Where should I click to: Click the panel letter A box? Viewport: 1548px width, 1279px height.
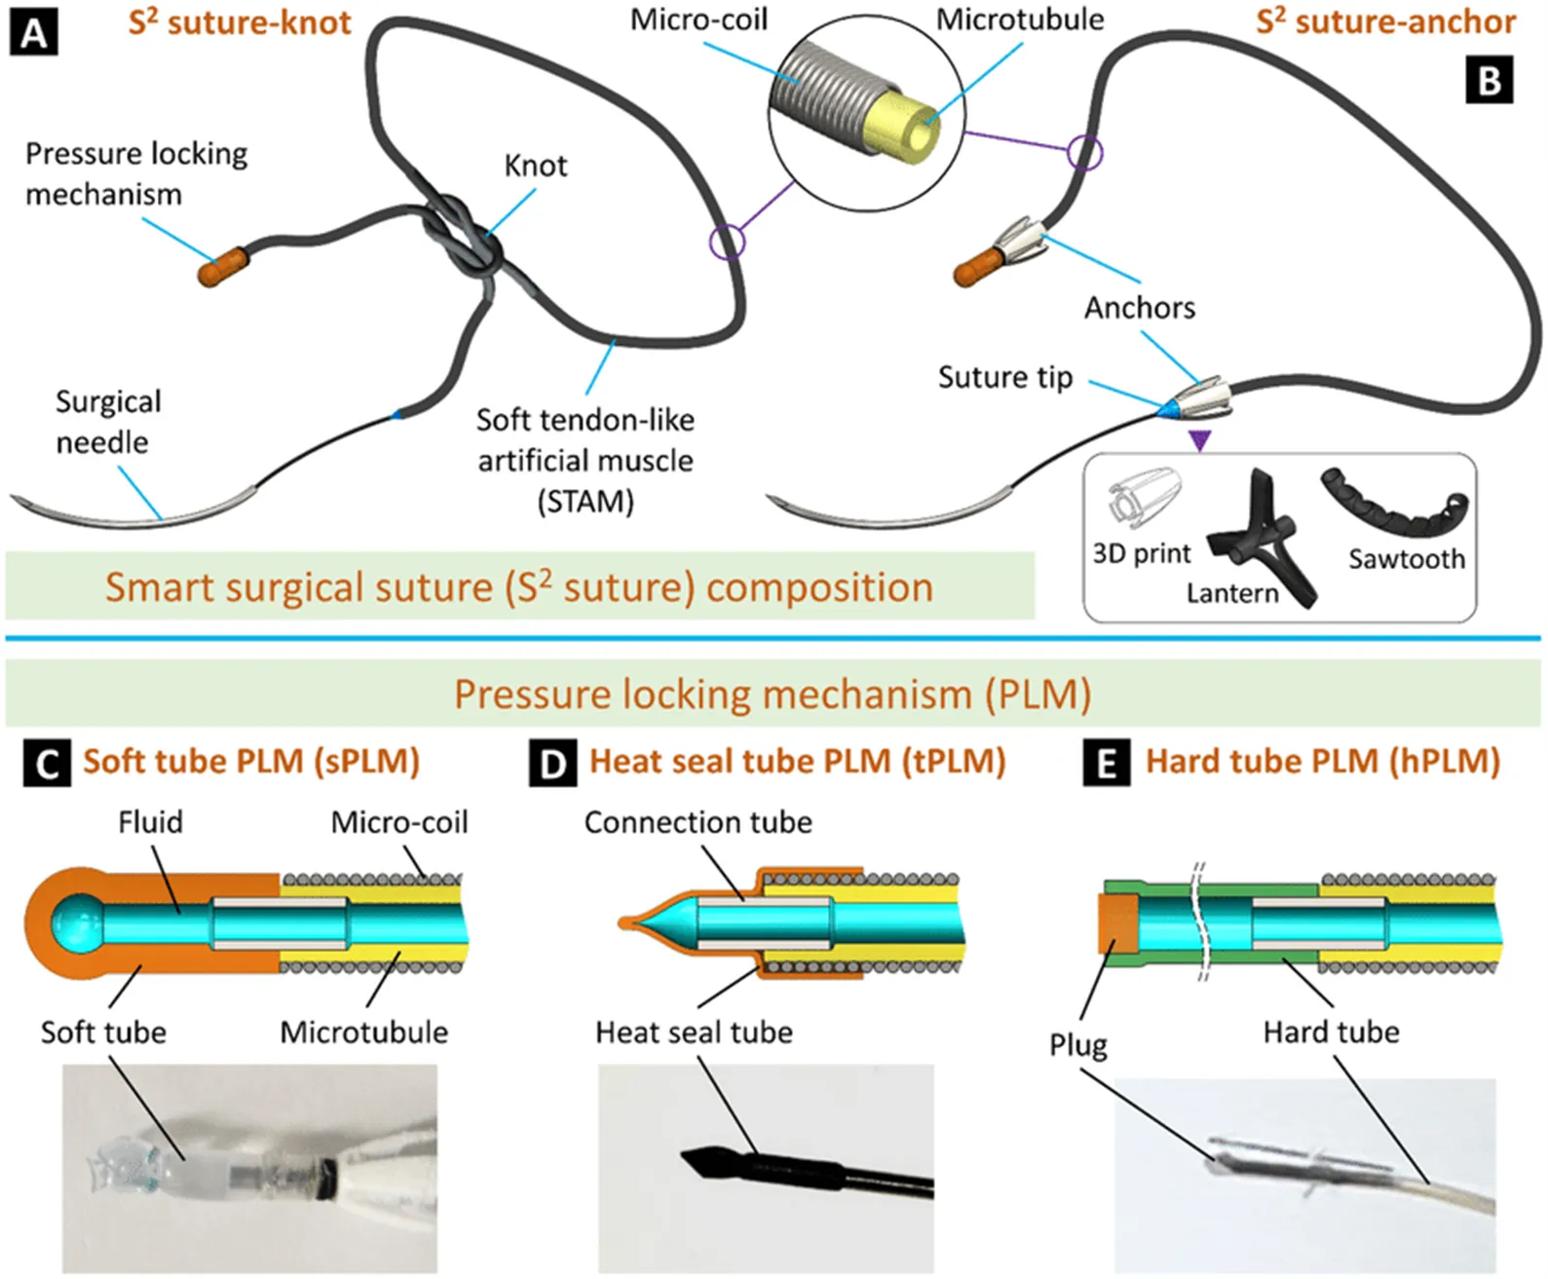[x=34, y=34]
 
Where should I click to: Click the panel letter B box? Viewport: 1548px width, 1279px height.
[x=1490, y=79]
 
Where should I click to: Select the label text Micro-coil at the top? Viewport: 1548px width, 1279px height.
[x=698, y=19]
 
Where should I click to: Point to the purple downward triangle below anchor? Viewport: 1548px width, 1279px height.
[x=1200, y=441]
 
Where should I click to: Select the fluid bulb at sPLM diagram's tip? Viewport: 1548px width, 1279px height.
[x=74, y=922]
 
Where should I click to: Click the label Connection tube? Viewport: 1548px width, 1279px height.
[x=698, y=822]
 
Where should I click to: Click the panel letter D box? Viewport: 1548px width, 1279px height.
[x=552, y=763]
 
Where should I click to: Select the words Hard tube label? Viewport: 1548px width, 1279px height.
[x=1331, y=1032]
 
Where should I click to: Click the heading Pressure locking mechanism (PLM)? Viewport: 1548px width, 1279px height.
[x=772, y=695]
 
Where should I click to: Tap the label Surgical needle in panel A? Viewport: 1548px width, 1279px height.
[x=107, y=422]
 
